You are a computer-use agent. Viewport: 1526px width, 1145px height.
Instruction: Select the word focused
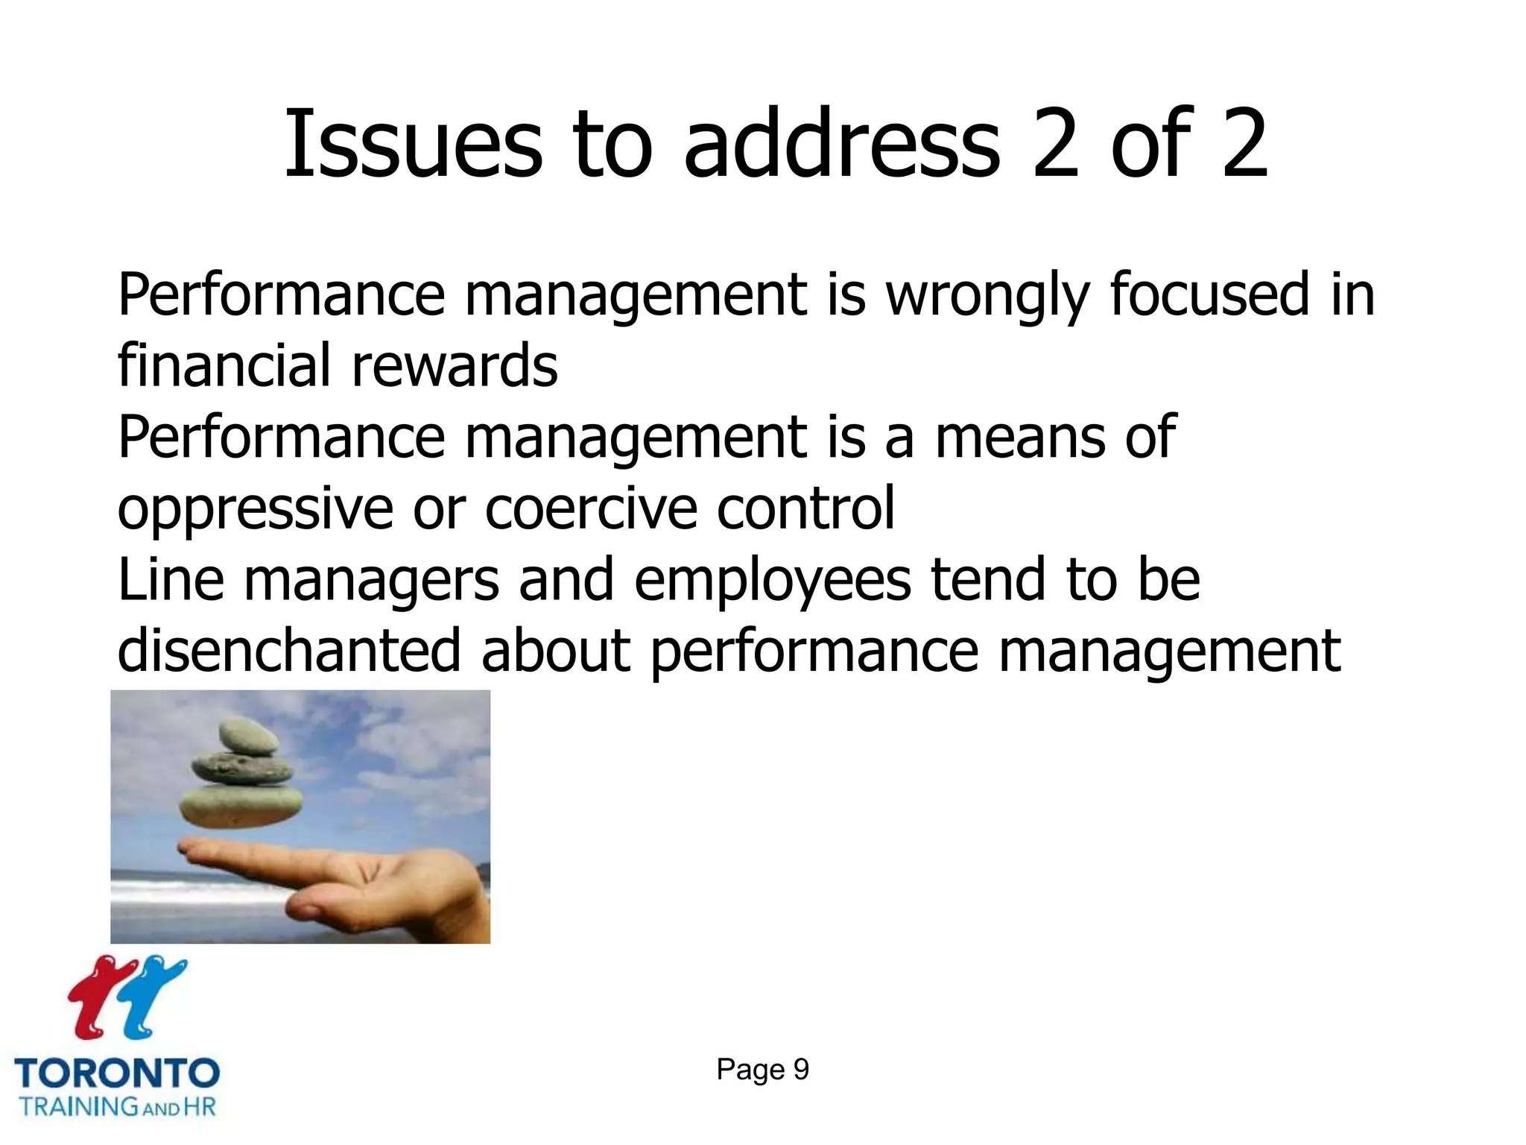pyautogui.click(x=1209, y=294)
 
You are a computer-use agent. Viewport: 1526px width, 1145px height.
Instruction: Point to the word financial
pyautogui.click(x=224, y=365)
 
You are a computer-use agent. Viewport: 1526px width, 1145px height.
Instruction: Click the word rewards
pyautogui.click(x=455, y=366)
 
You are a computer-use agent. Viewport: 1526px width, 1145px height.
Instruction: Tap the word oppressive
pyautogui.click(x=255, y=509)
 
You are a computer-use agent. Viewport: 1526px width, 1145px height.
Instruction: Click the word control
pyautogui.click(x=805, y=508)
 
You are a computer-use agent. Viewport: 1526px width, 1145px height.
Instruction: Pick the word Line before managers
pyautogui.click(x=171, y=579)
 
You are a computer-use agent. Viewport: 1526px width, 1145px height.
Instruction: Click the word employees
pyautogui.click(x=772, y=581)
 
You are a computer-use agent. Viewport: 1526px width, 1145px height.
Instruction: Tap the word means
pyautogui.click(x=1020, y=438)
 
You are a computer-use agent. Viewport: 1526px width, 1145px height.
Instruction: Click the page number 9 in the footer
pyautogui.click(x=801, y=1070)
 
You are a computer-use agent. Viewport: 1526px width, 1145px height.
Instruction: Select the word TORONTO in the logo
pyautogui.click(x=117, y=1073)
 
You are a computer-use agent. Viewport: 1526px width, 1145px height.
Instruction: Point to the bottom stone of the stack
pyautogui.click(x=241, y=807)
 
